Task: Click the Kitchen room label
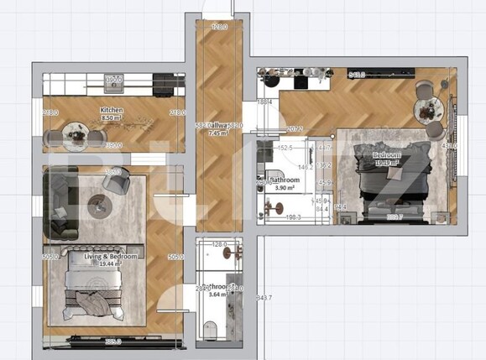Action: tap(112, 110)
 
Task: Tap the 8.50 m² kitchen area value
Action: tap(112, 118)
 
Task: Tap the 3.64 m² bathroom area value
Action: tap(217, 295)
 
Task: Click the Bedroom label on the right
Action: tap(387, 155)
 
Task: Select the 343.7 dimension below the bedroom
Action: tap(264, 298)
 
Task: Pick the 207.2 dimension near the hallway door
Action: tap(295, 129)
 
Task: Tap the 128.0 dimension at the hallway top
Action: tap(220, 28)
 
